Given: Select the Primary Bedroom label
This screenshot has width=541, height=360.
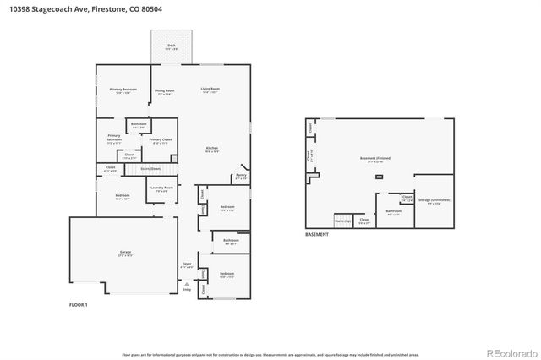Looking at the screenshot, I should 123,90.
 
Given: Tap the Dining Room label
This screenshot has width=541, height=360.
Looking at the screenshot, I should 164,91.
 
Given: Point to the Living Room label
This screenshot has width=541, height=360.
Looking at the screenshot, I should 210,90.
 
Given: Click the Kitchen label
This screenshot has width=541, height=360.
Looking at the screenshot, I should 211,150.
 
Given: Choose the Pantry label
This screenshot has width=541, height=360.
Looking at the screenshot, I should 240,177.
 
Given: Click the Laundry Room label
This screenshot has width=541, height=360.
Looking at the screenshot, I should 163,188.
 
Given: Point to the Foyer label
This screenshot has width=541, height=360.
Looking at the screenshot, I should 188,265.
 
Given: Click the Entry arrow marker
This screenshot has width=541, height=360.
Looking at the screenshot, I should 187,285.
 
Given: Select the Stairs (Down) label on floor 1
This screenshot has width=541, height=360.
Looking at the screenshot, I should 138,169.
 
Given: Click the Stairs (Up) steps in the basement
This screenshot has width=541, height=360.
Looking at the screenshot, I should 342,220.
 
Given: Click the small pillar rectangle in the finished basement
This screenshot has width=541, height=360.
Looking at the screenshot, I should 379,177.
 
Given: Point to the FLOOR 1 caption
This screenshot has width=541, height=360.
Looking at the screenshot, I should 78,303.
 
